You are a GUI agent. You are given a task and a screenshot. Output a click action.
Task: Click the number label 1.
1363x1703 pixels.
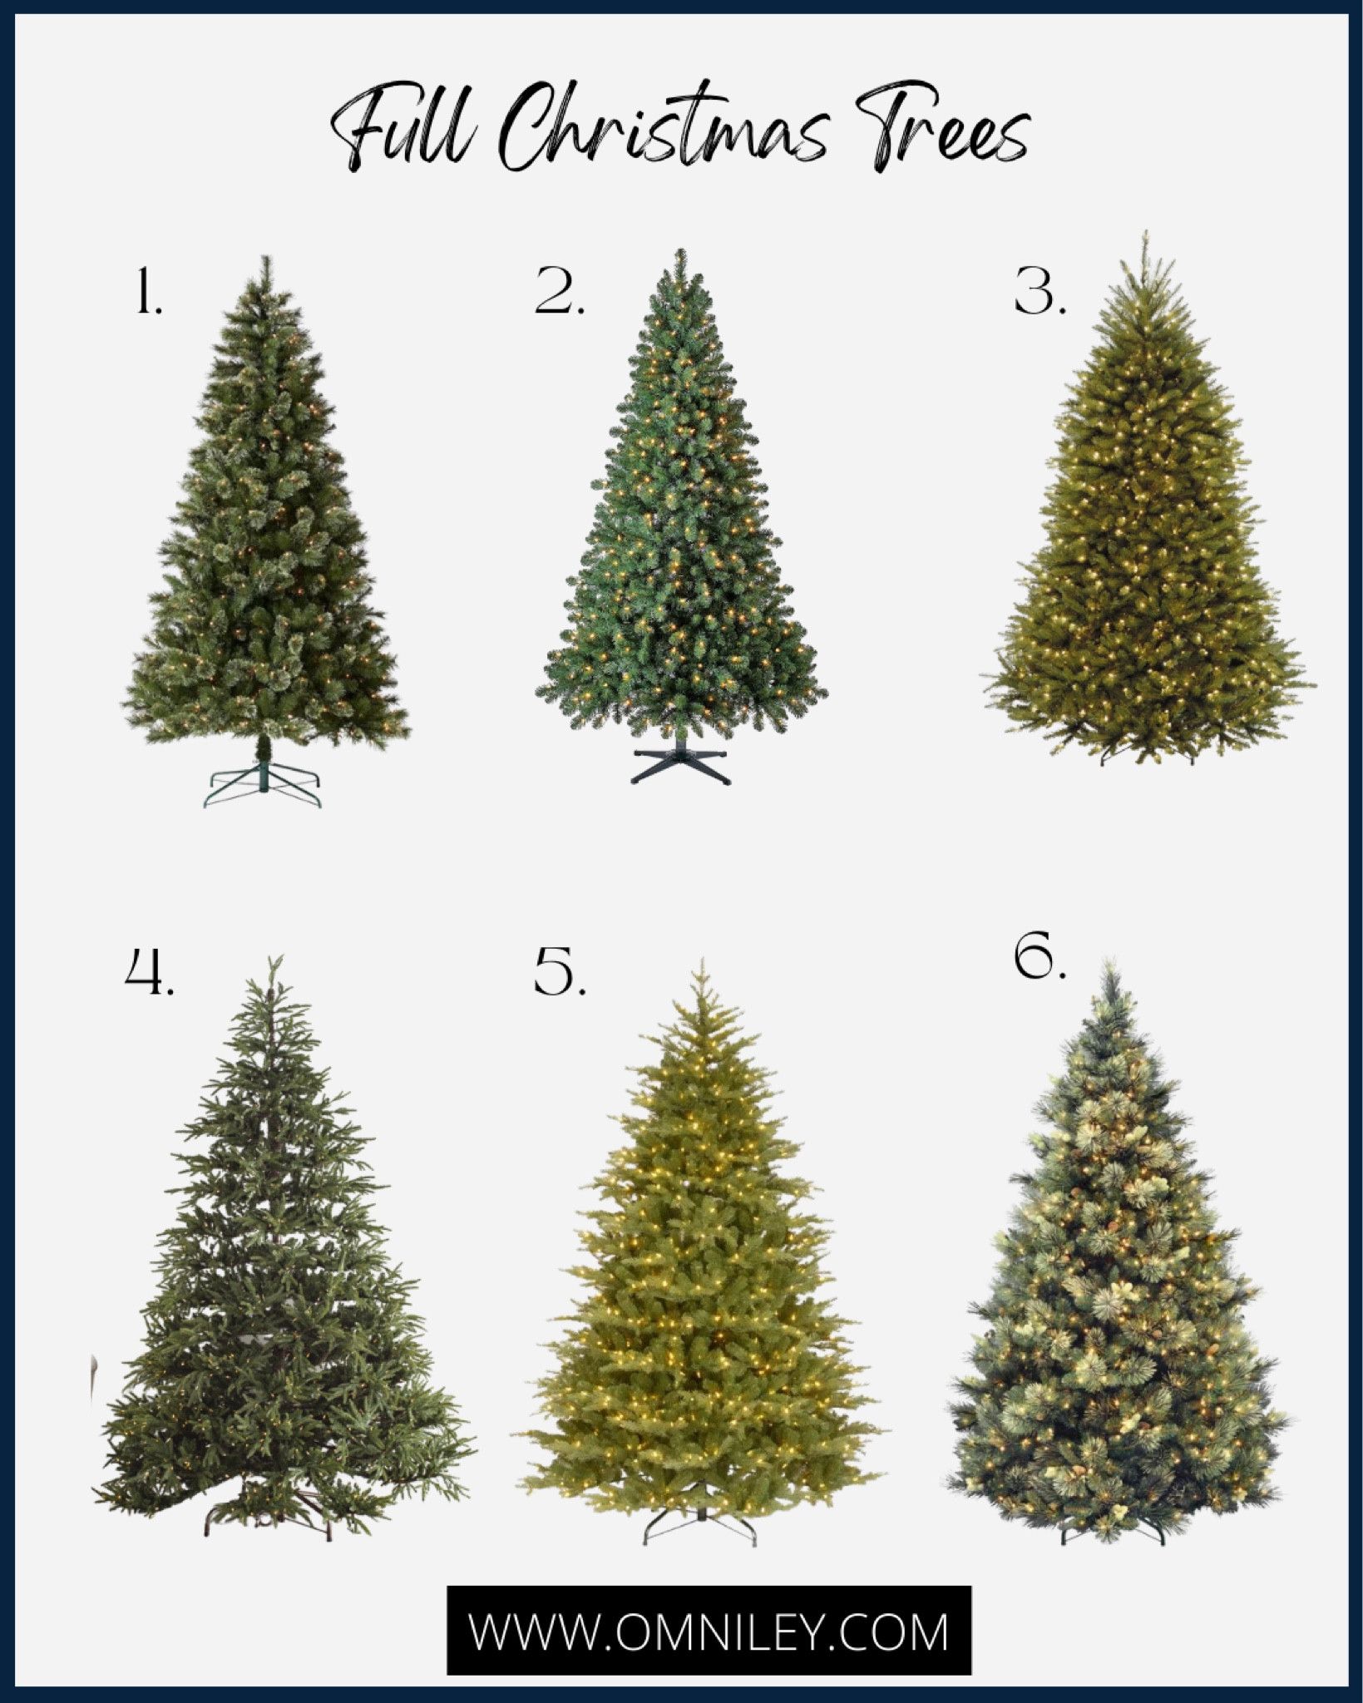(148, 295)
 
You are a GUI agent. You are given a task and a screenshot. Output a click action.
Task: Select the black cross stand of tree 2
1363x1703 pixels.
(680, 766)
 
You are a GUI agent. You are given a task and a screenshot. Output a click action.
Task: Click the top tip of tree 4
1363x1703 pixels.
(271, 960)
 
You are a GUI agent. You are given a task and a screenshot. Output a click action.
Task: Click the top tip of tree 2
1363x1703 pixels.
(681, 251)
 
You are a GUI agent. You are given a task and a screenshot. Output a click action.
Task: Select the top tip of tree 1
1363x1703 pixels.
(266, 259)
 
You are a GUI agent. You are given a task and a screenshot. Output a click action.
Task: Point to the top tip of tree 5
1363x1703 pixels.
(703, 962)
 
